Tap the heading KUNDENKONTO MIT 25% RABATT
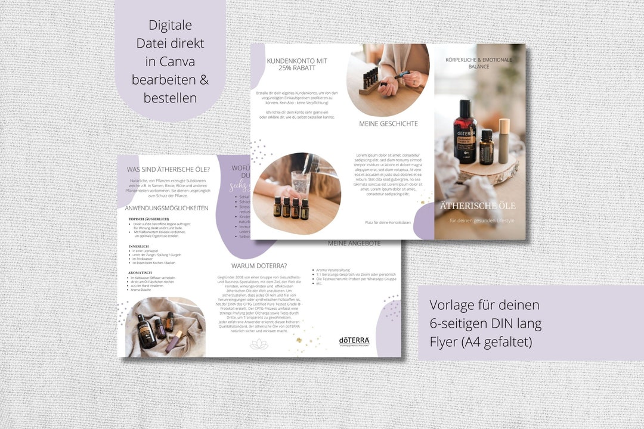296,64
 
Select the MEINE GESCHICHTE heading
388,124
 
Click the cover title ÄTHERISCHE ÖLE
478,206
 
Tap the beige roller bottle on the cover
504,141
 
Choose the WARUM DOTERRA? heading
259,266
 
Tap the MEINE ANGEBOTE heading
354,244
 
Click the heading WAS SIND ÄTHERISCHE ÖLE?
167,169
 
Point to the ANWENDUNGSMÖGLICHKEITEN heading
166,208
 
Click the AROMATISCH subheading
140,272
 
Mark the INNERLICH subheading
139,245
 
